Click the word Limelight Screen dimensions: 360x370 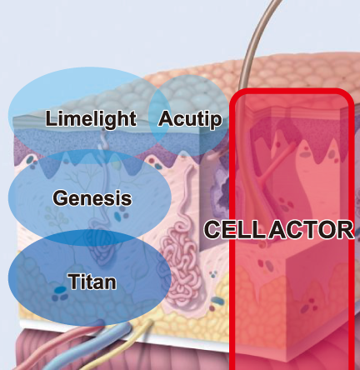(91, 118)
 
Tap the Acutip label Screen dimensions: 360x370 (190, 118)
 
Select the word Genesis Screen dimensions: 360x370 (92, 197)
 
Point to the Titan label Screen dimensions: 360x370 (92, 282)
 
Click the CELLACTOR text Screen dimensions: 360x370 (279, 230)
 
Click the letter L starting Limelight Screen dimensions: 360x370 (51, 117)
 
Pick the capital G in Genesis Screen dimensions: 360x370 (60, 197)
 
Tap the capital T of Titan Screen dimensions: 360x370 (74, 282)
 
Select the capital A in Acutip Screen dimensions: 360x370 (166, 118)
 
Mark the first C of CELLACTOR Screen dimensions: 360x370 (212, 230)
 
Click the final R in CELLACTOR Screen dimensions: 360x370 (345, 230)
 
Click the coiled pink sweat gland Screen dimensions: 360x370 (182, 267)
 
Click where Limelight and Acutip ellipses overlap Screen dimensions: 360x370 (159, 116)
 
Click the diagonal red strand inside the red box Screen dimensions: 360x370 (277, 161)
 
